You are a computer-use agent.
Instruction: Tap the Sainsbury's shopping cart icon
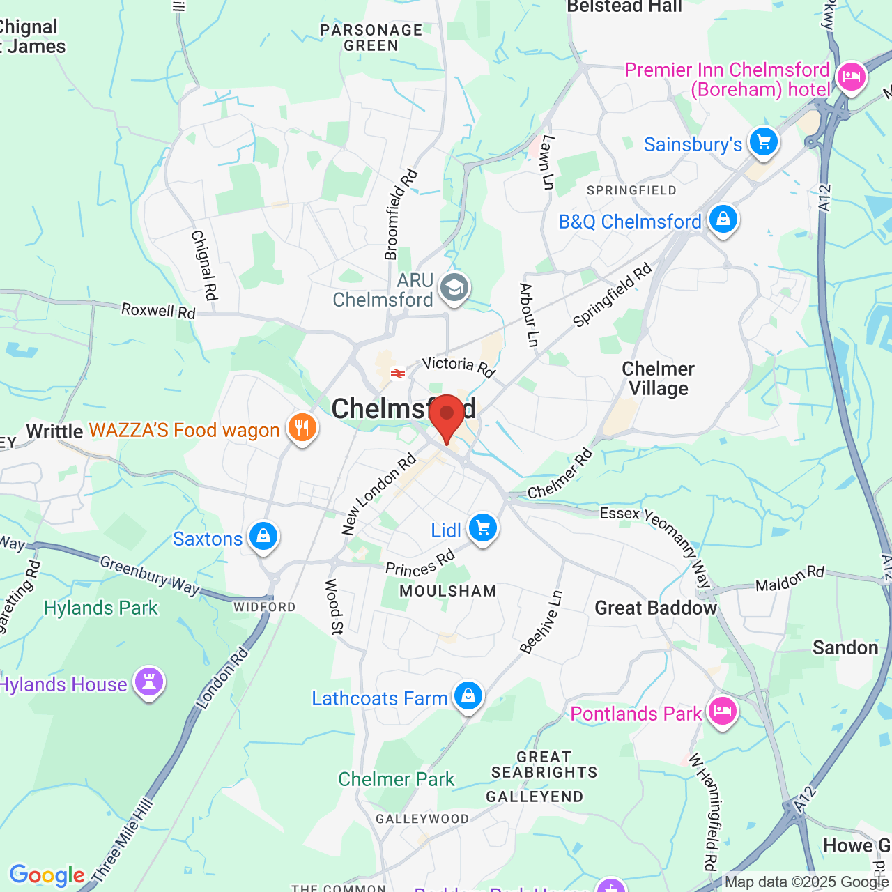[x=764, y=142]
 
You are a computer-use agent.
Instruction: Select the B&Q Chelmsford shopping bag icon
[x=723, y=220]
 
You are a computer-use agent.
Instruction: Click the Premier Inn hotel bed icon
[x=851, y=77]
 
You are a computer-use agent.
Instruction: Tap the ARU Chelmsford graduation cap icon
[x=455, y=287]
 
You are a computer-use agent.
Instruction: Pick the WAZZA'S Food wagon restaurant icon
[x=302, y=428]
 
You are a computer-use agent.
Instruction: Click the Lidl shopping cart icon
[x=482, y=528]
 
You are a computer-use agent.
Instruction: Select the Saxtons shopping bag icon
[x=263, y=537]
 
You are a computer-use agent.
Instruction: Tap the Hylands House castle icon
[x=148, y=682]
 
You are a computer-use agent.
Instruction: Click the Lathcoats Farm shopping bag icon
[x=468, y=696]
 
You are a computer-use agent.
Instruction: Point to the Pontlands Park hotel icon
[x=722, y=712]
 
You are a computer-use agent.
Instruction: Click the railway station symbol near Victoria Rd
[x=398, y=374]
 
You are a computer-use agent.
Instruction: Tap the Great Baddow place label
[x=655, y=608]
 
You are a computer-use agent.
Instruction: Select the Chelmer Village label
[x=658, y=378]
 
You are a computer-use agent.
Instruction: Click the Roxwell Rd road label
[x=158, y=311]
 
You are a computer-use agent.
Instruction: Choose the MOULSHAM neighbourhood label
[x=448, y=592]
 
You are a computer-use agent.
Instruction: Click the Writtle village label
[x=55, y=431]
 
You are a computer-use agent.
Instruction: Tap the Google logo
[x=47, y=875]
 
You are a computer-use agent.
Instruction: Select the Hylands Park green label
[x=101, y=608]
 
